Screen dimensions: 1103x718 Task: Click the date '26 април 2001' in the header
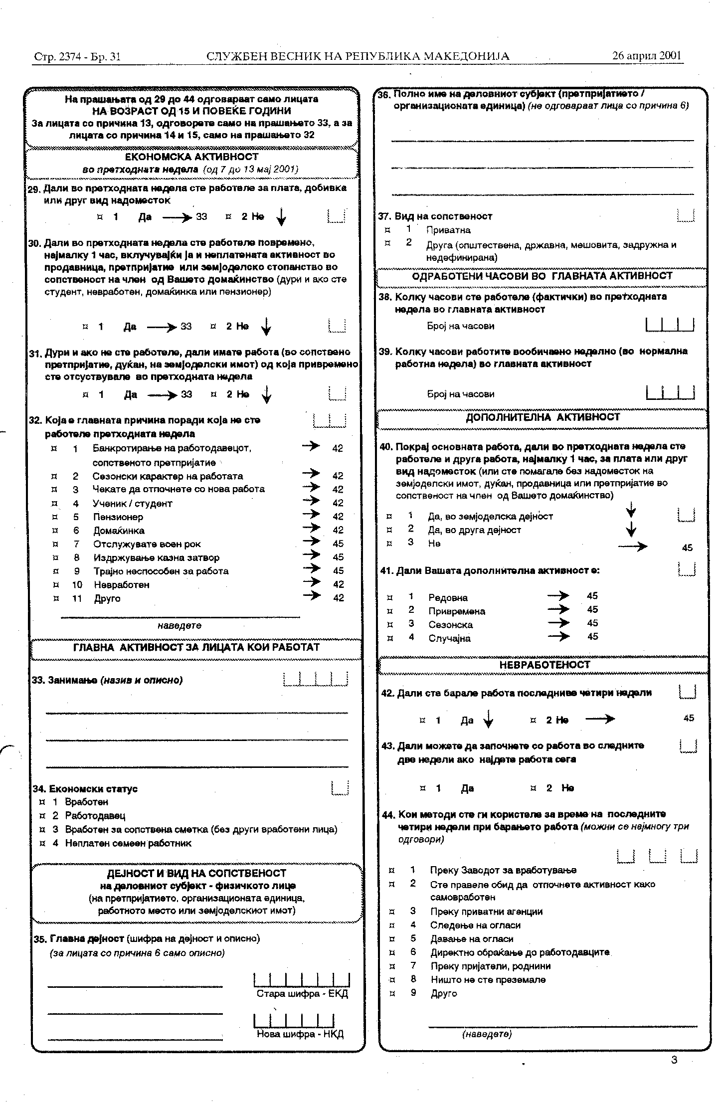tap(647, 55)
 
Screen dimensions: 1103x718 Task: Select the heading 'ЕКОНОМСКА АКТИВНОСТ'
tap(191, 157)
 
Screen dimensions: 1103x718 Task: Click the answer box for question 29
tap(337, 216)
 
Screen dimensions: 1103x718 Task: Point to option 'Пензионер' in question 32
tap(118, 517)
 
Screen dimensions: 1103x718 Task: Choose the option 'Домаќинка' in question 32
tap(119, 531)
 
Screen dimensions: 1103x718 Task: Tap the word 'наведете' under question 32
tap(179, 625)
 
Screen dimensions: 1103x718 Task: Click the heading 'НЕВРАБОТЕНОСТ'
tap(544, 665)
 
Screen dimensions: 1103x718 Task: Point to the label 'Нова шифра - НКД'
tap(300, 1034)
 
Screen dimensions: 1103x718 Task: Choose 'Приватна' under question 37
tap(448, 230)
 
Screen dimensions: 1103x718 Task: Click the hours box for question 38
tap(670, 325)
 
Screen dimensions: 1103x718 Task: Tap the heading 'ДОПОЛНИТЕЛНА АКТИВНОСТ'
tap(542, 417)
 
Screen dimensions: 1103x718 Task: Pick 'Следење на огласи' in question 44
tap(475, 925)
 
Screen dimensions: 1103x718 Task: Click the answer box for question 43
tap(688, 746)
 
